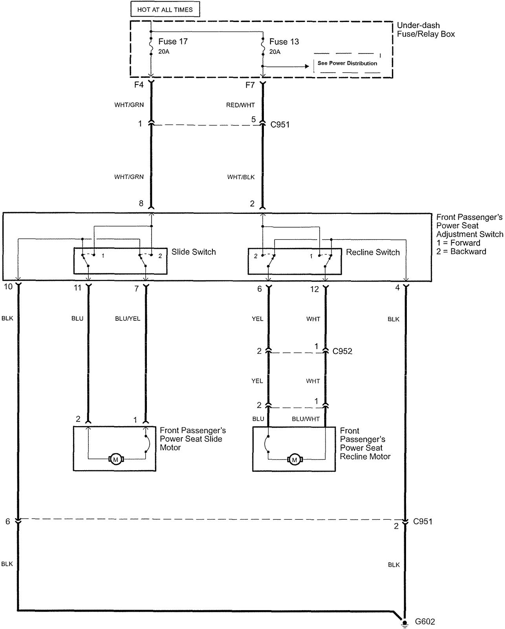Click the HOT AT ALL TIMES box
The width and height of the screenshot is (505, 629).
[165, 9]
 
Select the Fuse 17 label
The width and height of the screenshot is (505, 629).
[173, 41]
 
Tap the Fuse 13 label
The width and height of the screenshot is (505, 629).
[284, 41]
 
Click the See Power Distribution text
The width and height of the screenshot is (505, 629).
[347, 63]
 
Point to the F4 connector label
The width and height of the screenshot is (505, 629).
[139, 85]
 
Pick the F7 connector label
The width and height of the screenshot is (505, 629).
[250, 85]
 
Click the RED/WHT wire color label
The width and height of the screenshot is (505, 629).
[240, 105]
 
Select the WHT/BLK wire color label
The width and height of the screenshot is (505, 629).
[241, 177]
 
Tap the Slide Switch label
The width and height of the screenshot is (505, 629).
[194, 252]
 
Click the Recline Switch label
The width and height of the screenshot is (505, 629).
[373, 252]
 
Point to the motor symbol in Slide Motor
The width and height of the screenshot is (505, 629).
[115, 459]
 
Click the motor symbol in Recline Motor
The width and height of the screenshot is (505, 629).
[295, 459]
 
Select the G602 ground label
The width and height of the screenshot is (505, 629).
[425, 622]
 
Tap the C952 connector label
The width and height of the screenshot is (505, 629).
[342, 351]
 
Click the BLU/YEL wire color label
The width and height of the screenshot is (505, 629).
[128, 318]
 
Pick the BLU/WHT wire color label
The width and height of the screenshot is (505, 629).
[306, 419]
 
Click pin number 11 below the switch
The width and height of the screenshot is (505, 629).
[78, 288]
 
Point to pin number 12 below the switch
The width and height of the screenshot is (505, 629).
[315, 289]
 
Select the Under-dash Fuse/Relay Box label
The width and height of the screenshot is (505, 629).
[426, 30]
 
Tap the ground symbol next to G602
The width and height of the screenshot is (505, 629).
[404, 623]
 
